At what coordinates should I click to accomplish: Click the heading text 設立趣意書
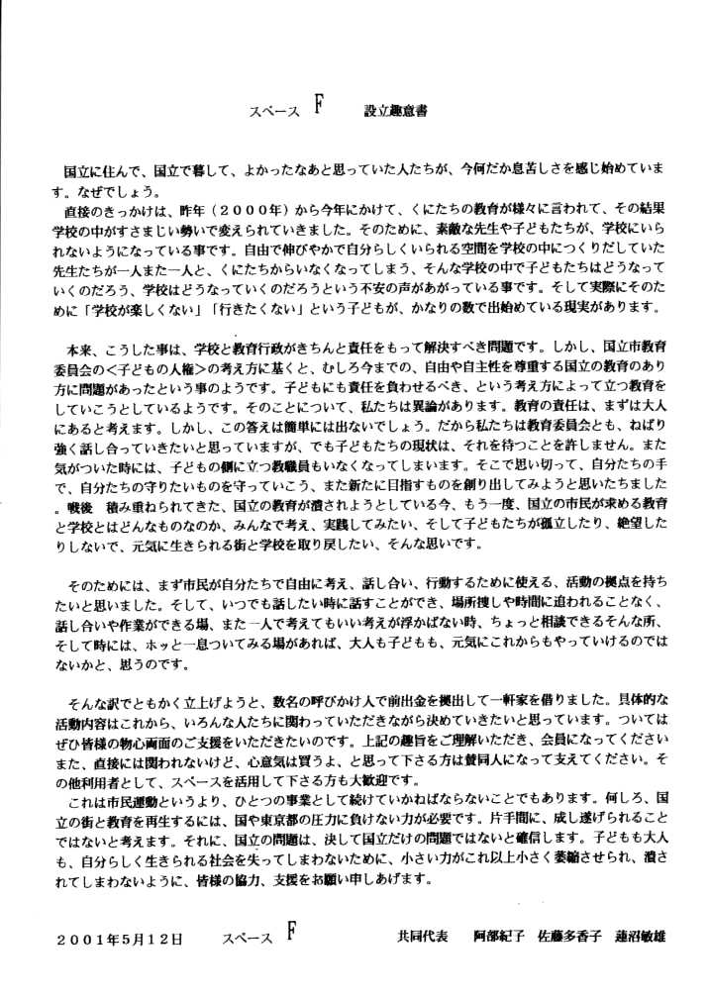point(396,113)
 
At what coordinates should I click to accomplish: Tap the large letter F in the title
point(320,108)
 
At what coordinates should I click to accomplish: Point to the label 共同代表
point(416,937)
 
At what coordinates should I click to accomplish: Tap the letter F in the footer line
point(289,932)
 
